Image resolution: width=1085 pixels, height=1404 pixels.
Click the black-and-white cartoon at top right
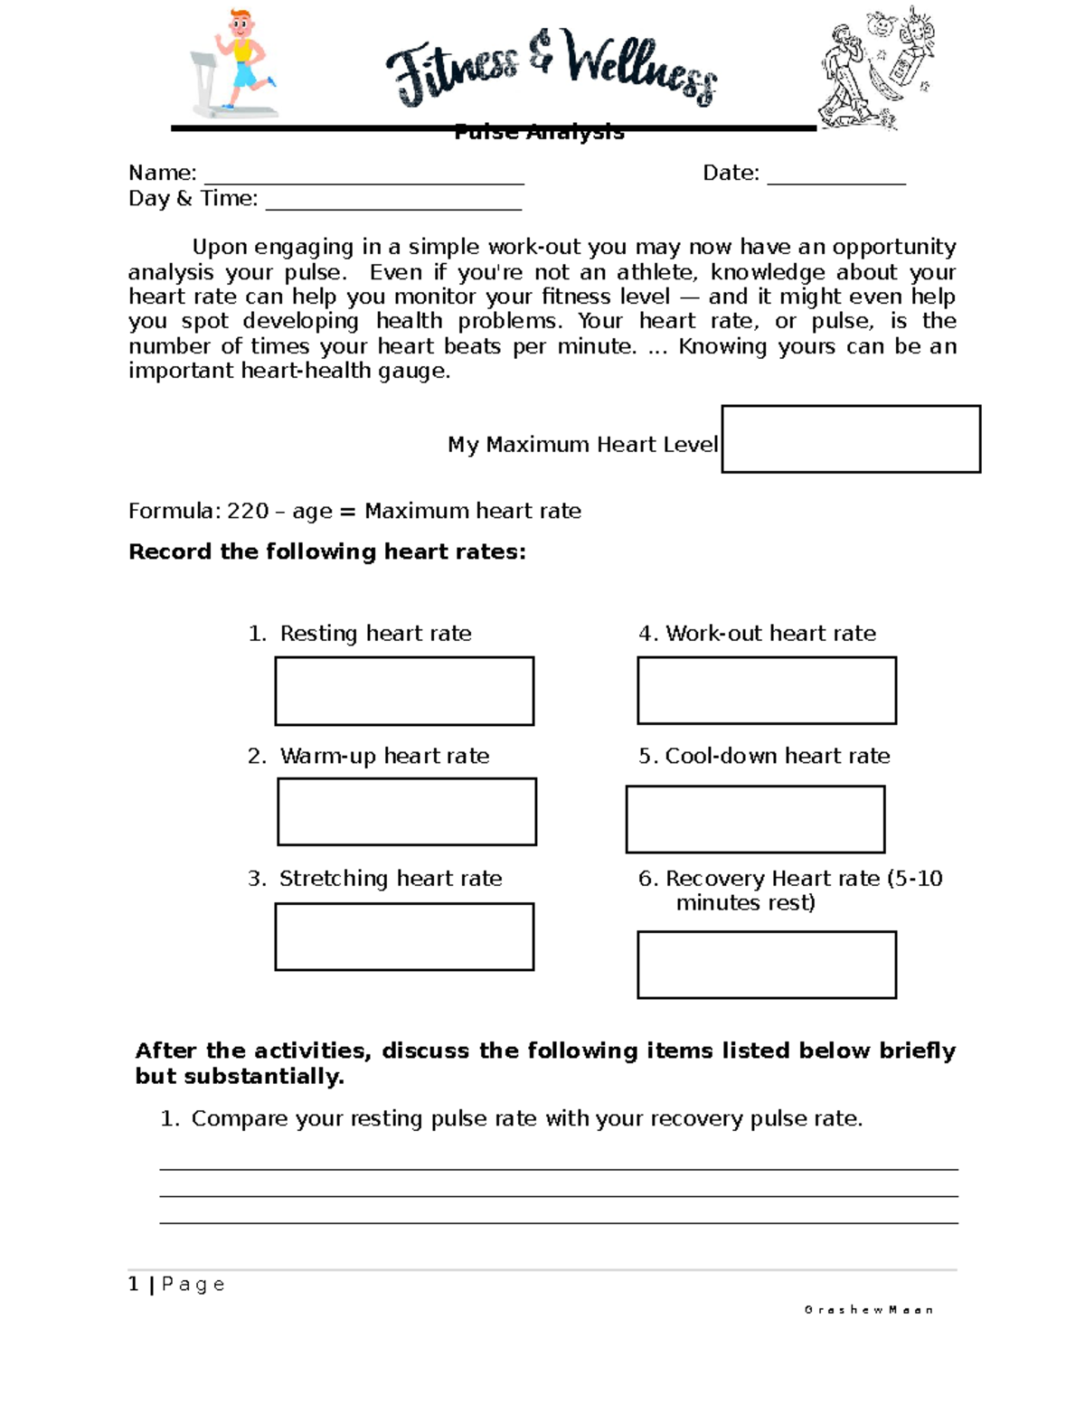pyautogui.click(x=875, y=68)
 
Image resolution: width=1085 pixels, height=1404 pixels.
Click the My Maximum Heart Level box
pyautogui.click(x=851, y=439)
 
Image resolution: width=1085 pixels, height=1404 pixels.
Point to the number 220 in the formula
pyautogui.click(x=247, y=511)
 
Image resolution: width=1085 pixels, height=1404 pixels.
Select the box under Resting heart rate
pyautogui.click(x=404, y=691)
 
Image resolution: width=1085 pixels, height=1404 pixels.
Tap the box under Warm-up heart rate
pyautogui.click(x=407, y=812)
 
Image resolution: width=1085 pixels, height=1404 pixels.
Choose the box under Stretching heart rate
pyautogui.click(x=404, y=937)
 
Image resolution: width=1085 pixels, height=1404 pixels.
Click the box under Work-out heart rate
pyautogui.click(x=767, y=691)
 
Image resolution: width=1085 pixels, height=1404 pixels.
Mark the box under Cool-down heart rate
pyautogui.click(x=755, y=819)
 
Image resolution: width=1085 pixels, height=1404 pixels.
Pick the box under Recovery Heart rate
pyautogui.click(x=767, y=965)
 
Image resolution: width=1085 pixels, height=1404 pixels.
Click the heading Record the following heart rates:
pyautogui.click(x=327, y=551)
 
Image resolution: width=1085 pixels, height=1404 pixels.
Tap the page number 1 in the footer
pyautogui.click(x=134, y=1284)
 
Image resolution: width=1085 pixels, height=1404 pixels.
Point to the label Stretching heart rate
pyautogui.click(x=390, y=878)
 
